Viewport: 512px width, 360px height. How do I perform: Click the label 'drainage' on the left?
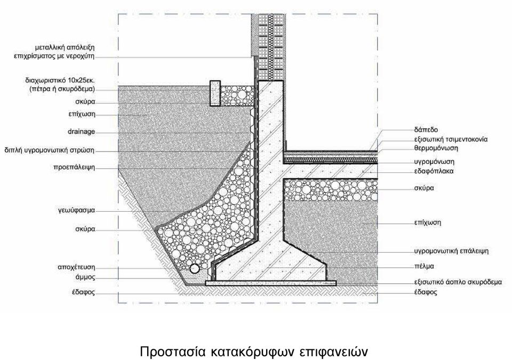(x=81, y=132)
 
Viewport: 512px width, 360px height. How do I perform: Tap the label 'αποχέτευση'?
(x=76, y=268)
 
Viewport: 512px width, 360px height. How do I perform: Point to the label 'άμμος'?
(x=85, y=277)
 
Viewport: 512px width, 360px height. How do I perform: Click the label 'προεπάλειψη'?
(x=74, y=167)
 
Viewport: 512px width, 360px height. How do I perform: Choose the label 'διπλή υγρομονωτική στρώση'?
(x=49, y=150)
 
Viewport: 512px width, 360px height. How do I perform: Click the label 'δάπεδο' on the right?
(x=426, y=130)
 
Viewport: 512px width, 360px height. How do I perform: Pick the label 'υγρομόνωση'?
(x=434, y=162)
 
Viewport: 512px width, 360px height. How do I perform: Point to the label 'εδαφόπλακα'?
(x=434, y=171)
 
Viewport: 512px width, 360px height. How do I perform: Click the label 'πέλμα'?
(x=424, y=266)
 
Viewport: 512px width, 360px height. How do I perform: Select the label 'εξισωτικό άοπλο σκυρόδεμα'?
(x=458, y=282)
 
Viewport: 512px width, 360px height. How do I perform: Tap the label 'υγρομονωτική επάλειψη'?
(x=451, y=251)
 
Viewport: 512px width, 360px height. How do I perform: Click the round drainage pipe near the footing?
(x=195, y=268)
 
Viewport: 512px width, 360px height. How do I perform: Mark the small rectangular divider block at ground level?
(x=215, y=93)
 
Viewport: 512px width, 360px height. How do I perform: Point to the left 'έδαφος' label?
(x=84, y=292)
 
